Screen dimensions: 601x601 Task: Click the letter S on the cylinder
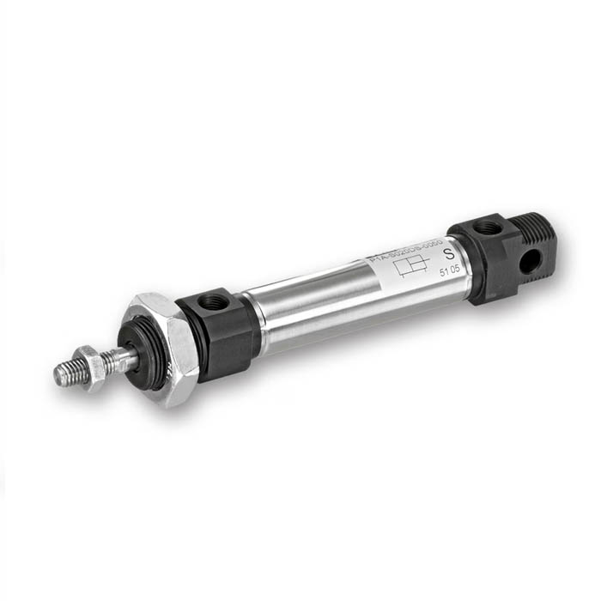(447, 254)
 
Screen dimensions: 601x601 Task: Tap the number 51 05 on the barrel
(448, 273)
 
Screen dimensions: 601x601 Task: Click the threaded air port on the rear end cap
(487, 228)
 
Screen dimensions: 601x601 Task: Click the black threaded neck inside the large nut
(146, 356)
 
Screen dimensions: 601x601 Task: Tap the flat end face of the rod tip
(58, 374)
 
